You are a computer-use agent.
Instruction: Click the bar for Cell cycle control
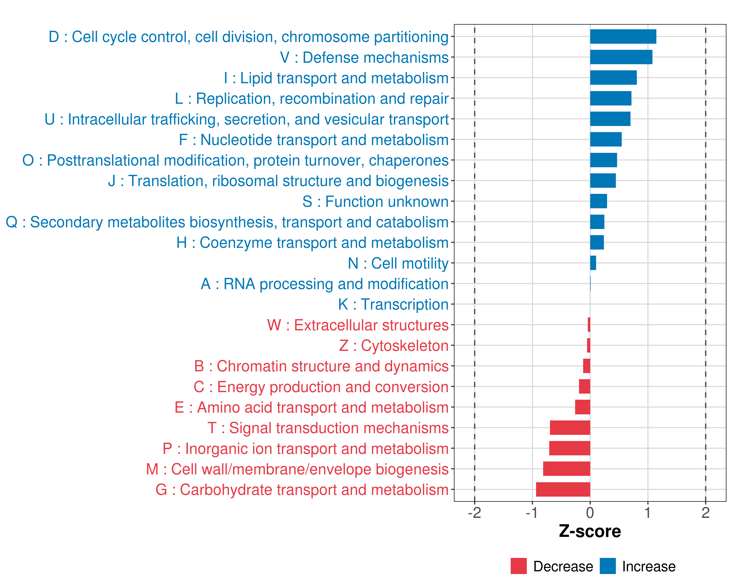(x=623, y=37)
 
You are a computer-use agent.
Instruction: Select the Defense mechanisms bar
(x=621, y=57)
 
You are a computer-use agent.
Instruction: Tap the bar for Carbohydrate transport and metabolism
(x=563, y=490)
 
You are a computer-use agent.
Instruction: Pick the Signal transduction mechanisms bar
(x=570, y=428)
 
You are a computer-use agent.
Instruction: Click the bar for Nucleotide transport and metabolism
(x=606, y=139)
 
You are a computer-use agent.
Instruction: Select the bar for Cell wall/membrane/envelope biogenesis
(x=566, y=469)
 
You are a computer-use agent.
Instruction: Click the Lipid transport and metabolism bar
(x=613, y=78)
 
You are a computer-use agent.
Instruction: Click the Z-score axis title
(x=590, y=531)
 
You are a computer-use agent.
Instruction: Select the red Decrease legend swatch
(x=518, y=566)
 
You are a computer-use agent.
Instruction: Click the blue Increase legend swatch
(x=607, y=566)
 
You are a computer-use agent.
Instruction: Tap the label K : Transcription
(x=393, y=304)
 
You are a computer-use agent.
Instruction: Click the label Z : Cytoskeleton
(x=394, y=346)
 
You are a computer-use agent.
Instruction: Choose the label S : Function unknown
(x=376, y=201)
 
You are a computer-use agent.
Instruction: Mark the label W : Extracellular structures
(x=358, y=325)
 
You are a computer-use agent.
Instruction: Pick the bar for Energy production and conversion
(x=584, y=387)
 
